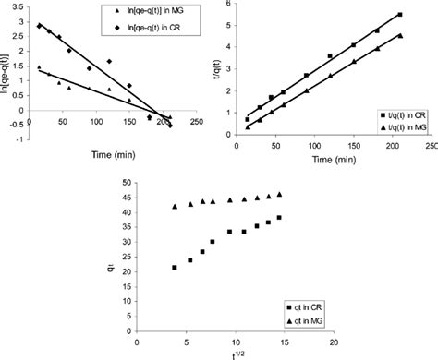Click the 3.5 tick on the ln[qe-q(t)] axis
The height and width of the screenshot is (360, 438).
(18, 6)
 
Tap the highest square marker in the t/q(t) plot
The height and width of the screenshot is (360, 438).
(400, 14)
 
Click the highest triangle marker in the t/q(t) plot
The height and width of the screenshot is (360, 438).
(400, 35)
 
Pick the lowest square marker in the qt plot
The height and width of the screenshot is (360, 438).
(174, 268)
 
